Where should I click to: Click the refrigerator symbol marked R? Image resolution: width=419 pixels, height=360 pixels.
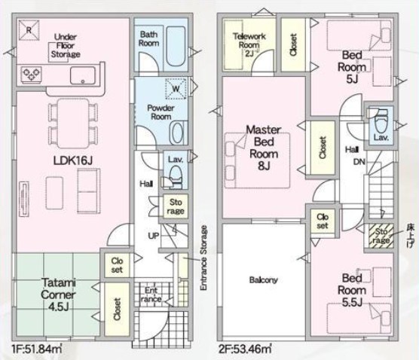click(x=29, y=30)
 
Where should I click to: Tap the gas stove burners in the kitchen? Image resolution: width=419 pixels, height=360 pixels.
click(x=32, y=74)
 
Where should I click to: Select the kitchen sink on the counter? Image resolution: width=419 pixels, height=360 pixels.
click(x=83, y=75)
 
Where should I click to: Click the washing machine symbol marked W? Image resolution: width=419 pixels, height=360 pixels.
click(x=176, y=88)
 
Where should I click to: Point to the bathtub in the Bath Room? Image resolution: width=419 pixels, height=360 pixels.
click(x=176, y=46)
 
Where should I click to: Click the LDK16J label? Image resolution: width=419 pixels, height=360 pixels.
click(x=73, y=160)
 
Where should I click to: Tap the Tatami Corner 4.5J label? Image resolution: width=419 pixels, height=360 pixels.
click(x=58, y=294)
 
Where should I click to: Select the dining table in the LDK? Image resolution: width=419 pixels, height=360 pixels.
click(x=73, y=123)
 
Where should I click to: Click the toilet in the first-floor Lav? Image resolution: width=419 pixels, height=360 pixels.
click(x=176, y=175)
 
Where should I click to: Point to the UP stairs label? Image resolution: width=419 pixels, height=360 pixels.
click(x=154, y=236)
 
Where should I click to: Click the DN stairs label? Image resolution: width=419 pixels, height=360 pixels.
click(x=359, y=162)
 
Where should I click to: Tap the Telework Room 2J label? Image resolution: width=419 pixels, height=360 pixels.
click(x=249, y=44)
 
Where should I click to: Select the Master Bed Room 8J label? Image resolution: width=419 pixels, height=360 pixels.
click(x=264, y=148)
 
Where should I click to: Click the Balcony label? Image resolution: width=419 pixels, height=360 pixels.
click(x=263, y=280)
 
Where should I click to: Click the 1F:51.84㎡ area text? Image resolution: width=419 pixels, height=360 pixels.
click(x=37, y=349)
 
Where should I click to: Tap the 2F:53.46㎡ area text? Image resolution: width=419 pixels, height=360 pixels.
click(x=245, y=349)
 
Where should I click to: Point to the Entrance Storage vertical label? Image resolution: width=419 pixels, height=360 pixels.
click(x=204, y=258)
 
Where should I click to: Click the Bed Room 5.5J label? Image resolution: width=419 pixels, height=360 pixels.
click(x=352, y=290)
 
